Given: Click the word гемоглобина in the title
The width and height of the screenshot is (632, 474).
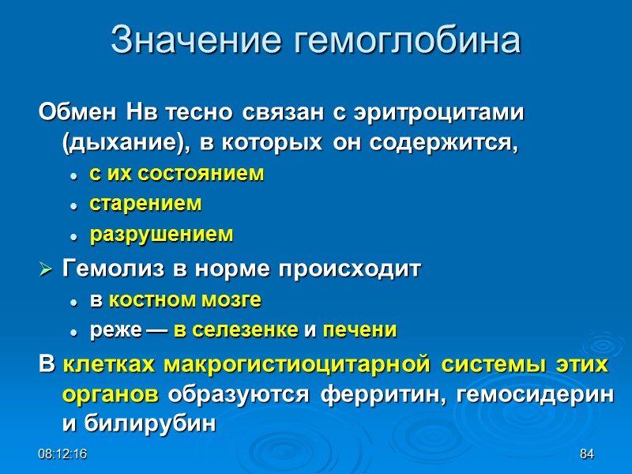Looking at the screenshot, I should coord(406,40).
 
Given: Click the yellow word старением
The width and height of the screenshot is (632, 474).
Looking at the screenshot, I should coord(145,204).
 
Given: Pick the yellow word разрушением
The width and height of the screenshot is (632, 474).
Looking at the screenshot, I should coord(161,235).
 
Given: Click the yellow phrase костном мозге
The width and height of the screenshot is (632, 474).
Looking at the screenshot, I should coord(184,301).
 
